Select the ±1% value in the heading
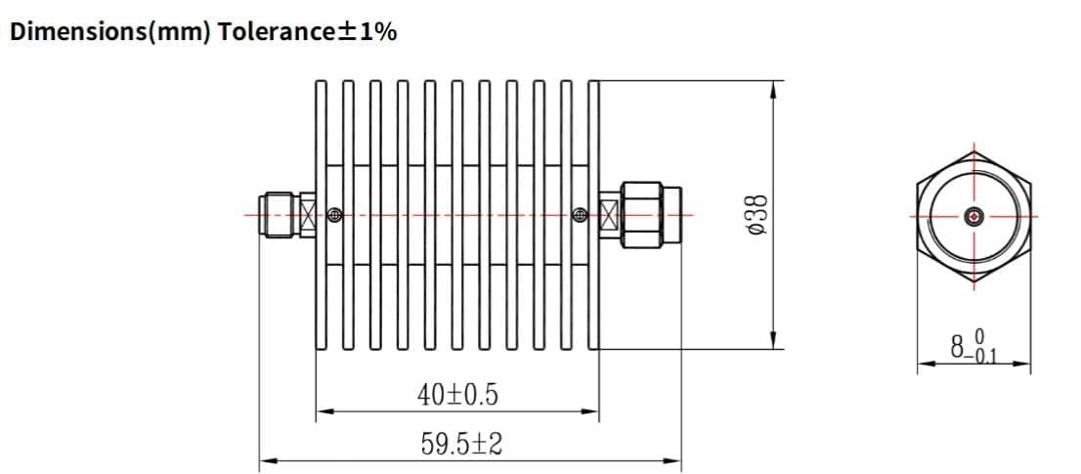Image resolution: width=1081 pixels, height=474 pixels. click(367, 31)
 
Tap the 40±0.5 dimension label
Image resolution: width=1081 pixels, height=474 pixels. click(457, 395)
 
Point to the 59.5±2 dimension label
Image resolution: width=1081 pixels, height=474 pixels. click(461, 445)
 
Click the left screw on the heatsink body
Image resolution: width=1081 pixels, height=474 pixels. click(335, 215)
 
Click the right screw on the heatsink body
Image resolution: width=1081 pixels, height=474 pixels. click(580, 215)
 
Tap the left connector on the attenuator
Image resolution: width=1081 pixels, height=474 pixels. click(279, 214)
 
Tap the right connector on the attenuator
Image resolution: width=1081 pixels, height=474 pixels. click(649, 214)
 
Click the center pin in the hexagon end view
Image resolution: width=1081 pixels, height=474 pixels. click(973, 216)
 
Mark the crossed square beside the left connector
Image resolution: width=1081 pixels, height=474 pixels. click(308, 215)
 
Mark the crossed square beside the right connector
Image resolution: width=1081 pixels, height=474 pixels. click(608, 215)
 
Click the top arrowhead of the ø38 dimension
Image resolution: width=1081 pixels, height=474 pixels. click(773, 88)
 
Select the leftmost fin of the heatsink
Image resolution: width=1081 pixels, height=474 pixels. click(321, 214)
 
